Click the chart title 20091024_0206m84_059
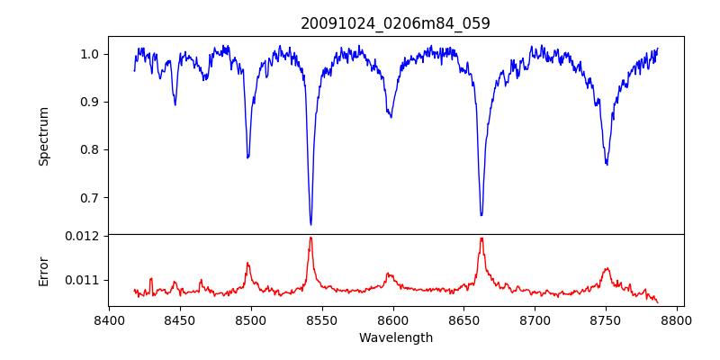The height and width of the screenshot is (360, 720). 395,23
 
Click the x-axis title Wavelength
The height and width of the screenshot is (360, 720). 395,337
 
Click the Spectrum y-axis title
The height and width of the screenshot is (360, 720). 43,136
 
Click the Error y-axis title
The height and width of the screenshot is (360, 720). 43,270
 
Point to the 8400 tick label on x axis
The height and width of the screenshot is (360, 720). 108,319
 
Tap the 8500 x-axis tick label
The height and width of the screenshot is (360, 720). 250,319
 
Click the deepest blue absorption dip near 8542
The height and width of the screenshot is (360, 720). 310,224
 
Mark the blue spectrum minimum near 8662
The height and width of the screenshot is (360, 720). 481,215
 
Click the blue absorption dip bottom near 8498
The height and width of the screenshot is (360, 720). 247,157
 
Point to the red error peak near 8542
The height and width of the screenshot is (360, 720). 310,238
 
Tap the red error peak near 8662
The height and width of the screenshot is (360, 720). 481,238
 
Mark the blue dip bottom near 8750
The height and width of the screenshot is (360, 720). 607,164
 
